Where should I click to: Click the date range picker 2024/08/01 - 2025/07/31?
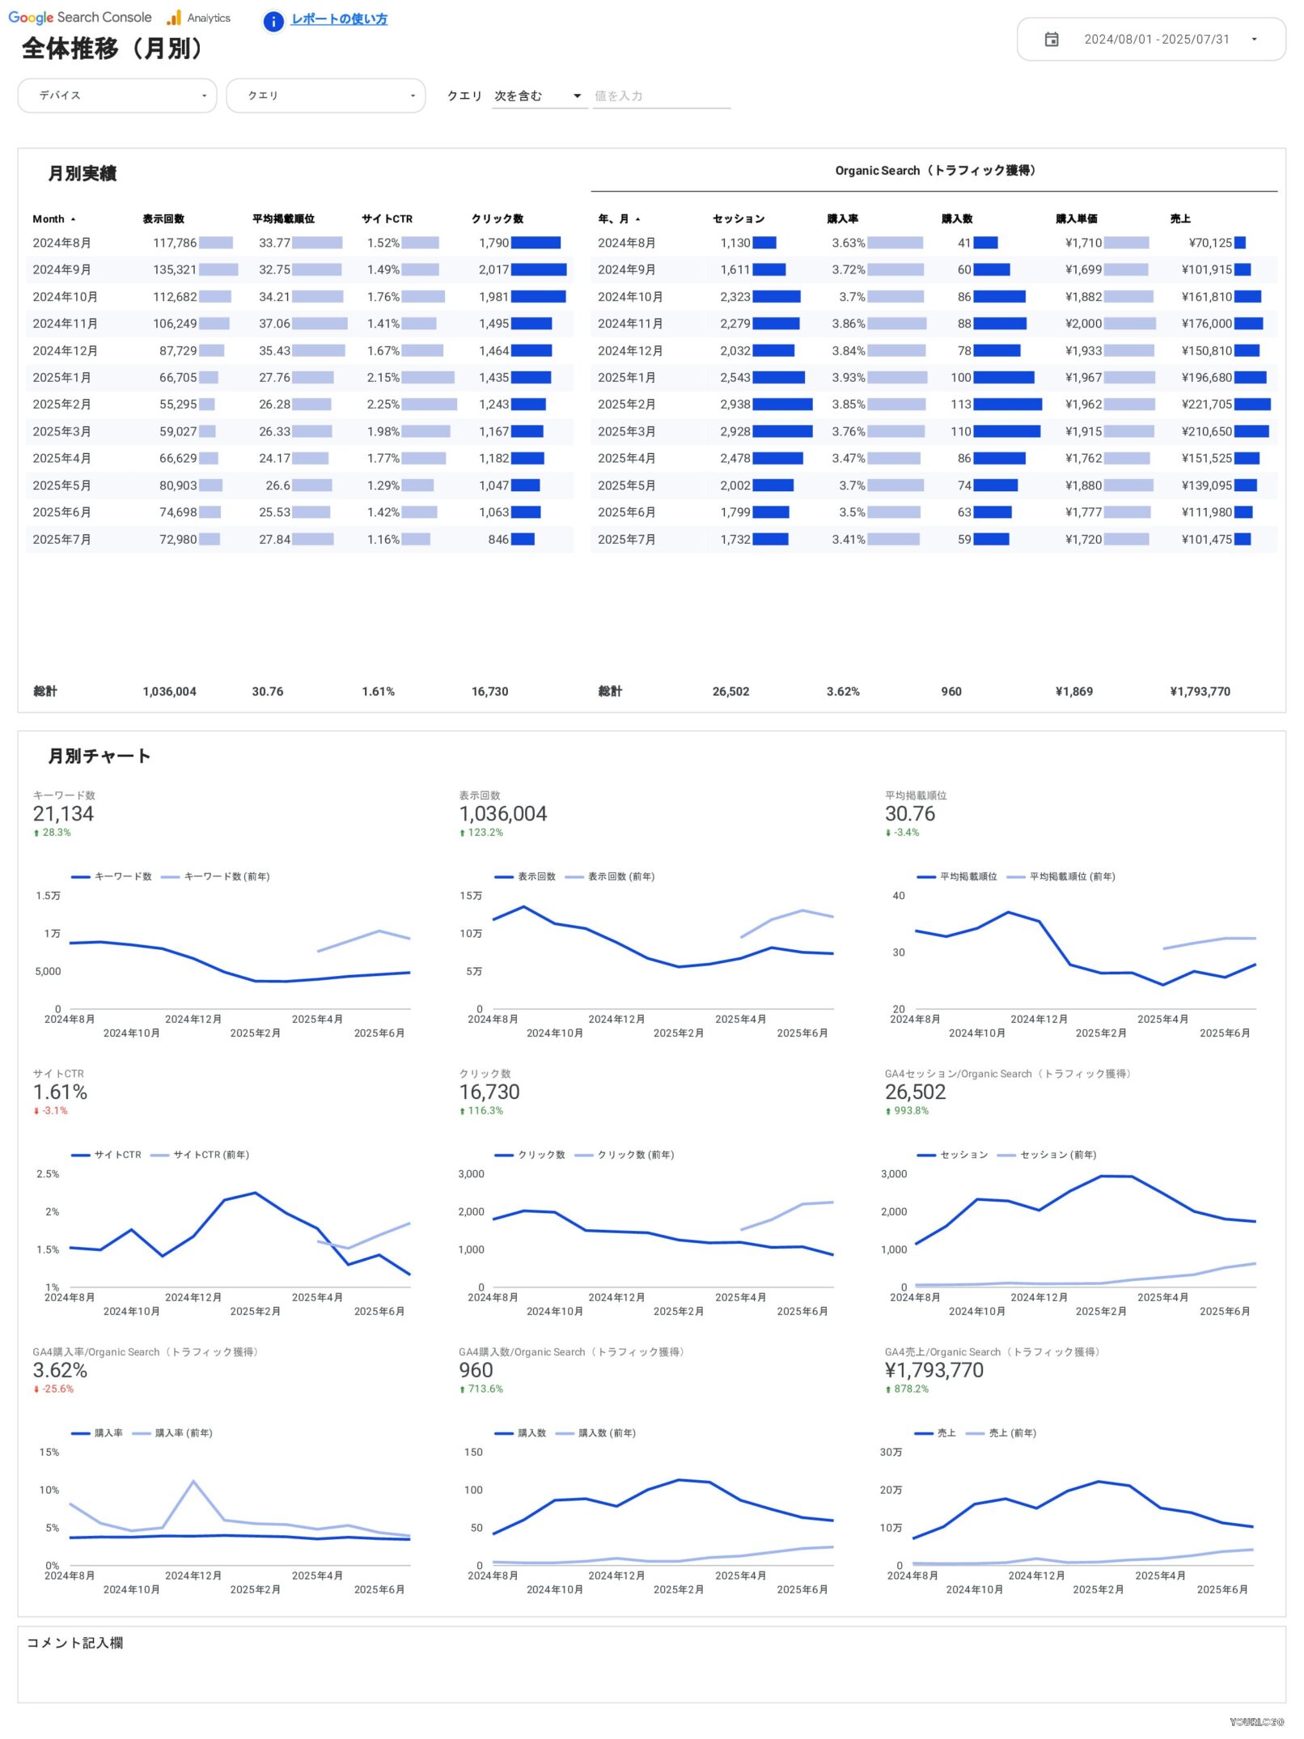pos(1150,40)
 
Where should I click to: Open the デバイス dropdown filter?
pos(117,95)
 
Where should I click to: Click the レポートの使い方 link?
pos(339,19)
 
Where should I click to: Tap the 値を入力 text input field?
pos(661,96)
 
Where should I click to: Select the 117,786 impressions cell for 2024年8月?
pos(175,243)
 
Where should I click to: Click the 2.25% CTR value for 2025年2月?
pos(383,405)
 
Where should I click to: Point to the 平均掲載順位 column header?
pos(283,219)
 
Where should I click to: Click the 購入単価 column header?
pos(1076,219)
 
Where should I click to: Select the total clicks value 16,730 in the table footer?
pos(489,692)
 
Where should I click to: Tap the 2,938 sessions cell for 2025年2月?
pos(735,405)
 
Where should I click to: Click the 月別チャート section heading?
pos(99,757)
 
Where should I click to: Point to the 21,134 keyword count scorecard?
pos(63,814)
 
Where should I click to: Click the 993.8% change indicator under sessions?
pos(911,1111)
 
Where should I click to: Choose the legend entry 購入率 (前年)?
pos(184,1433)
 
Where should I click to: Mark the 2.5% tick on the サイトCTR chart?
pos(48,1174)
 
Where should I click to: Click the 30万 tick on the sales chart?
pos(891,1453)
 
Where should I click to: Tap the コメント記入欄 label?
pos(74,1643)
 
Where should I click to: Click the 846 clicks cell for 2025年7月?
pos(498,540)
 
